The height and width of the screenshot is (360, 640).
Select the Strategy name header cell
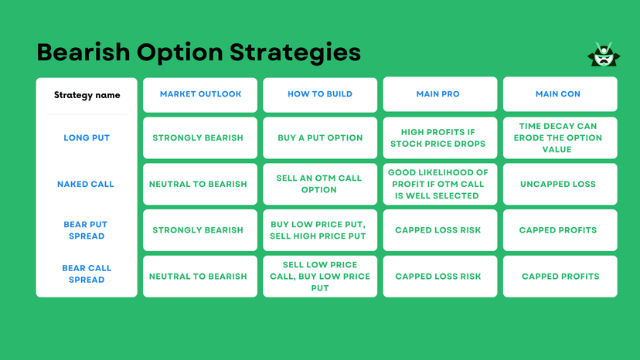pos(87,95)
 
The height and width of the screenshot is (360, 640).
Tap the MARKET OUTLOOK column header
pos(200,94)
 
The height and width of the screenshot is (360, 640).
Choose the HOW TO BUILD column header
pos(320,94)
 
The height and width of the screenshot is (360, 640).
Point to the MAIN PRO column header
pos(437,94)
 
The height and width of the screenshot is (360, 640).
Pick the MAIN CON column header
pos(560,94)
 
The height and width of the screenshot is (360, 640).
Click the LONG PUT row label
pos(87,138)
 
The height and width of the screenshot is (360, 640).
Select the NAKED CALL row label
pos(86,185)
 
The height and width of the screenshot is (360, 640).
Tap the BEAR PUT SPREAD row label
pos(86,230)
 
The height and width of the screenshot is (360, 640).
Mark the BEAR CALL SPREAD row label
pos(87,274)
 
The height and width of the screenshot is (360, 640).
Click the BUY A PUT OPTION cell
pos(320,138)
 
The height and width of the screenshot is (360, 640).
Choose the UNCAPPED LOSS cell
pos(560,184)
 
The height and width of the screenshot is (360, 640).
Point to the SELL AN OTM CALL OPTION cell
pos(320,184)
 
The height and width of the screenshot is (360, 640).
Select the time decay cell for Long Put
pos(560,138)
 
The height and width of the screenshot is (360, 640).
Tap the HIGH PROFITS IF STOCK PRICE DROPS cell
pos(437,138)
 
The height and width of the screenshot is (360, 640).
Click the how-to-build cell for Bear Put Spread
pos(320,230)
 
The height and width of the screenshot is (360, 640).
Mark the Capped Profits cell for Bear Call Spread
pos(560,277)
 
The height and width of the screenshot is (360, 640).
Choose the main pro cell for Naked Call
pos(437,184)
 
